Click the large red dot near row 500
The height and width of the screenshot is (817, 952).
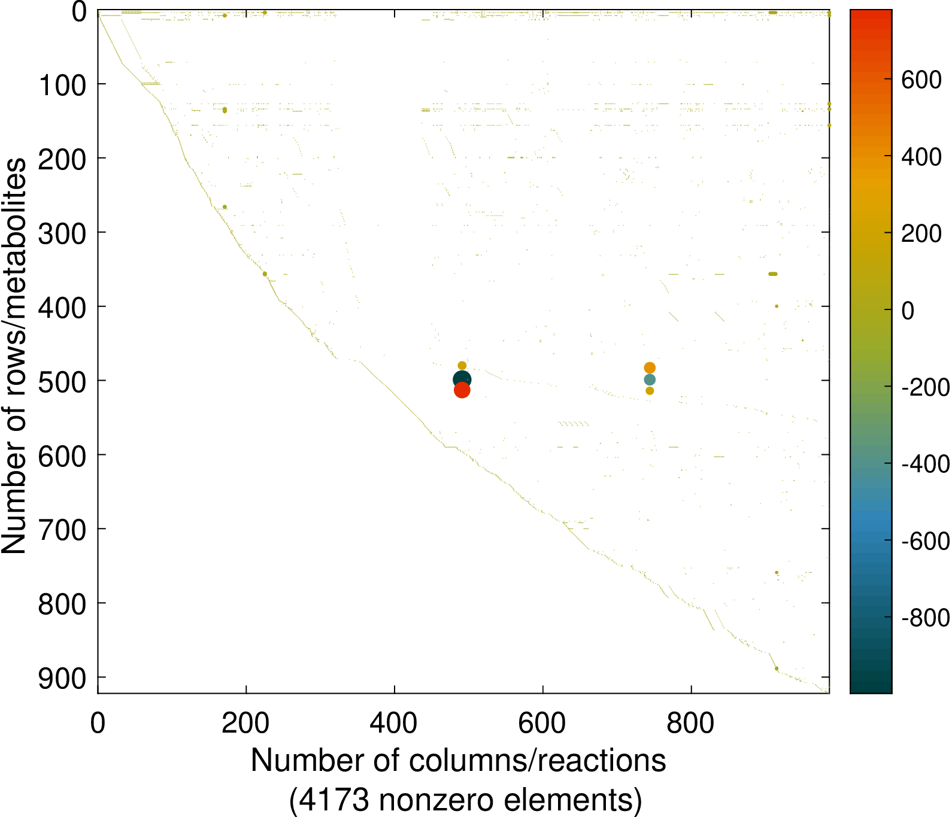point(462,390)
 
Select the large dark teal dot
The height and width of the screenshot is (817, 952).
point(462,379)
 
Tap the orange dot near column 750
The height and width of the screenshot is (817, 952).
point(650,368)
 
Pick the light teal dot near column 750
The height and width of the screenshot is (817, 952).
point(650,379)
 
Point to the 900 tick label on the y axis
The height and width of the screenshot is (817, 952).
point(62,679)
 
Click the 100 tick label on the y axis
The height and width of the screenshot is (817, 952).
point(62,85)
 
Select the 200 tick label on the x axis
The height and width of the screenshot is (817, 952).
point(245,723)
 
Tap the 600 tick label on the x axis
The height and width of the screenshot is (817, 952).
point(542,723)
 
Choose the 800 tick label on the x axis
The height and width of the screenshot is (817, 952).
point(690,723)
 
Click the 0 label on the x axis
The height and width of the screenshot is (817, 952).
point(98,723)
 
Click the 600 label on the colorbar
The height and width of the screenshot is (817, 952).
point(921,80)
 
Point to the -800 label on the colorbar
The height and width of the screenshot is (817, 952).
point(926,618)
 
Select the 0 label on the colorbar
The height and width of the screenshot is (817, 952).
point(908,311)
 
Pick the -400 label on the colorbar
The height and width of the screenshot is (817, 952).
point(926,464)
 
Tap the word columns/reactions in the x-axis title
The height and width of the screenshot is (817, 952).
point(538,761)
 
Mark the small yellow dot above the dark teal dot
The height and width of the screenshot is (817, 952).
point(462,366)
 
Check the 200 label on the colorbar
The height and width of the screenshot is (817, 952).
point(921,233)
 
